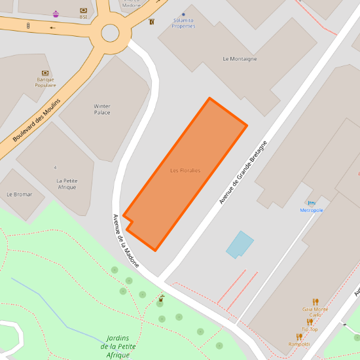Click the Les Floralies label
click(185, 171)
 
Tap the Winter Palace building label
click(102, 109)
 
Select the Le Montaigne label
click(240, 59)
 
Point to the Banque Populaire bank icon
click(46, 73)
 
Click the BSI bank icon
click(84, 10)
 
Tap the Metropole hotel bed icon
click(312, 203)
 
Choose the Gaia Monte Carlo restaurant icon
click(315, 302)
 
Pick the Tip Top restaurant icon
click(310, 321)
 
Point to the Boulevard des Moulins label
click(37, 120)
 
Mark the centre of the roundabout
click(110, 33)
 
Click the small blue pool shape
click(240, 244)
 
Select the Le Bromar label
click(19, 194)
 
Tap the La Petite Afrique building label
click(66, 184)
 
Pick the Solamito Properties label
click(184, 23)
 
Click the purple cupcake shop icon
click(56, 14)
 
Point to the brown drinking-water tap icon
click(161, 297)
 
